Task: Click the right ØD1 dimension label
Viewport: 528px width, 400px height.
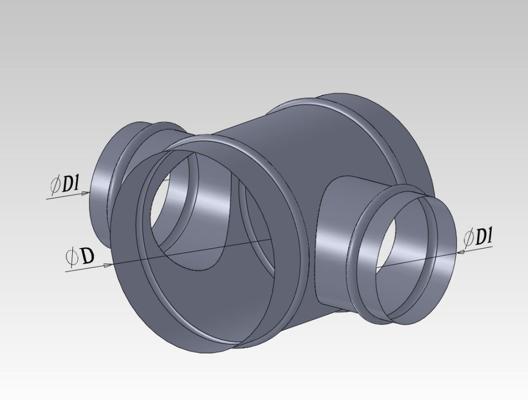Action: [478, 237]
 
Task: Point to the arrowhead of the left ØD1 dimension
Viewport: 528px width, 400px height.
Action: [85, 193]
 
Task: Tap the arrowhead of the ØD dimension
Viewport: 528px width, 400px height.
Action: [109, 265]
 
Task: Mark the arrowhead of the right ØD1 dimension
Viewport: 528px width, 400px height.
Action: [462, 251]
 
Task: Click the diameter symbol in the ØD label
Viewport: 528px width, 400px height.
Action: [72, 256]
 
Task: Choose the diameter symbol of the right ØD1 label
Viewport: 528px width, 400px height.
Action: [468, 238]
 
